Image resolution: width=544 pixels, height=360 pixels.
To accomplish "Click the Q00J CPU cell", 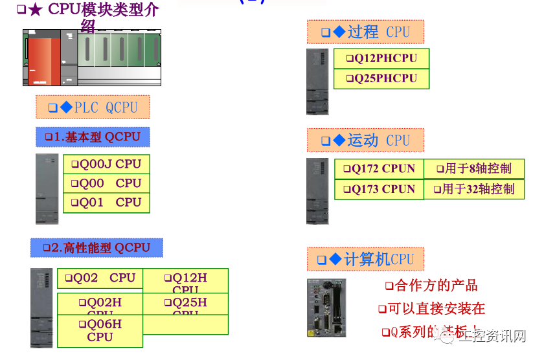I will pos(106,164).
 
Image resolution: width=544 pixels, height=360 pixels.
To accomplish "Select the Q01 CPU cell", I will pos(106,203).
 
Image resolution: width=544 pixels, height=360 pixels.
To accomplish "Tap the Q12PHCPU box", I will pos(381,58).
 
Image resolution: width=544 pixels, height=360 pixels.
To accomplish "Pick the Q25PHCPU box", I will pos(381,78).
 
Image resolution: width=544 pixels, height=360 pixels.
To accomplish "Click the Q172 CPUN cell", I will pos(379,168).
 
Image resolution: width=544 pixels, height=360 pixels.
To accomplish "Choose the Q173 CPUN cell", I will pos(379,189).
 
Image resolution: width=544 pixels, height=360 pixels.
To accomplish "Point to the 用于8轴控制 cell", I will pos(473,168).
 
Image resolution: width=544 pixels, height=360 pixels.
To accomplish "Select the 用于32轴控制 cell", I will pos(473,189).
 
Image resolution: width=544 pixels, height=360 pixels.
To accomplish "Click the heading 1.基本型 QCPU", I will pos(93,137).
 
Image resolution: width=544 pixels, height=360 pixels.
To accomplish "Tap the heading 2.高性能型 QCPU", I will pos(96,247).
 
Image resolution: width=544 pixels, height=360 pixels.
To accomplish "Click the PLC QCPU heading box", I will pos(93,107).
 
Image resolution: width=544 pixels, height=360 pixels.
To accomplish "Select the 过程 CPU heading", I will pos(365,32).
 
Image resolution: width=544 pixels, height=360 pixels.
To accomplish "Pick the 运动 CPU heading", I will pos(365,140).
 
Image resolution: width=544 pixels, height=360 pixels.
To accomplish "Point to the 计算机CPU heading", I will pos(365,260).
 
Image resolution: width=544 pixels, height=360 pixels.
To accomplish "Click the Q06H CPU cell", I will pos(100,330).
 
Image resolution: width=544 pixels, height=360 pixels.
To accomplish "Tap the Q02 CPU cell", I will pos(100,278).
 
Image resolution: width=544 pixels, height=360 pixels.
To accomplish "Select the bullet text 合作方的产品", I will pos(431,286).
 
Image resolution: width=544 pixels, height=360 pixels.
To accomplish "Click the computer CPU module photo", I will pos(326,308).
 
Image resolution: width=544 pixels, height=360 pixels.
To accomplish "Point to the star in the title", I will pos(36,10).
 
